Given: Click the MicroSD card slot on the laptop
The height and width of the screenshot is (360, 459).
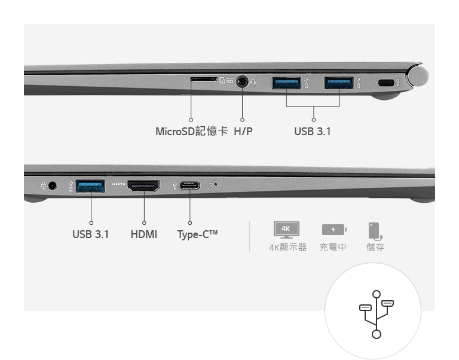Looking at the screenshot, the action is coord(204,79).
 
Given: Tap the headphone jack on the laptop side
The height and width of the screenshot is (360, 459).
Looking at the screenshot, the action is coord(242,81).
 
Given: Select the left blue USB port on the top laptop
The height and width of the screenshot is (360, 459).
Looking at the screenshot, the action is coord(286,83).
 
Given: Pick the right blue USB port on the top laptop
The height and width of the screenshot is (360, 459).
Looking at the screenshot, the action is coord(339,83).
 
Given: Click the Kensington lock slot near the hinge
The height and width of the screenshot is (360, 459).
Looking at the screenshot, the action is coord(386,83).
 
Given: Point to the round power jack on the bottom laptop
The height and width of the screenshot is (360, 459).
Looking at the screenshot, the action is coord(53,186).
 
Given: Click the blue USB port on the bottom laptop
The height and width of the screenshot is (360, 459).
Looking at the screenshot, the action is coord(90,187).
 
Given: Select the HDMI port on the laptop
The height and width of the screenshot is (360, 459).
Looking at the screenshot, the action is coord(143,186).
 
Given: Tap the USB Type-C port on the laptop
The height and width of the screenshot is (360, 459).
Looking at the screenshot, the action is coord(189,185).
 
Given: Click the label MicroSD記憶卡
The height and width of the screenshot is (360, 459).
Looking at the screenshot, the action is coord(191,131).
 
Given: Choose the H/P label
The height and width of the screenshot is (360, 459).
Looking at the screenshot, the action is coord(243,132).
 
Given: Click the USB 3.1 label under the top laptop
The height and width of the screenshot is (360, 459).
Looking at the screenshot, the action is coord(313,132).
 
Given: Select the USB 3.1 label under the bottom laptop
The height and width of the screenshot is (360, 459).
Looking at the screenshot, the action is coord(90,234).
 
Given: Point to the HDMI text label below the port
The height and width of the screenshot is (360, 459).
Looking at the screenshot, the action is coord(143,234).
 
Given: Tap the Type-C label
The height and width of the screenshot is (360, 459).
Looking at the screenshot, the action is coord(197,234).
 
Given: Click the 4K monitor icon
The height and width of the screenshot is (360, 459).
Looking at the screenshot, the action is coord(286,230).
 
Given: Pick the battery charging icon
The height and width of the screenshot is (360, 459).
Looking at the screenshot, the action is coord(334,230).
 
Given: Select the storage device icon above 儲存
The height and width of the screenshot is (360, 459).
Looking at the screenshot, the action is coord(375,231).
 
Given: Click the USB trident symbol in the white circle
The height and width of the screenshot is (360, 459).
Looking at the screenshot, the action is coord(377,315).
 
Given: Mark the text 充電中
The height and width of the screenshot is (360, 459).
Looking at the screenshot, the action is coord(332,247).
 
